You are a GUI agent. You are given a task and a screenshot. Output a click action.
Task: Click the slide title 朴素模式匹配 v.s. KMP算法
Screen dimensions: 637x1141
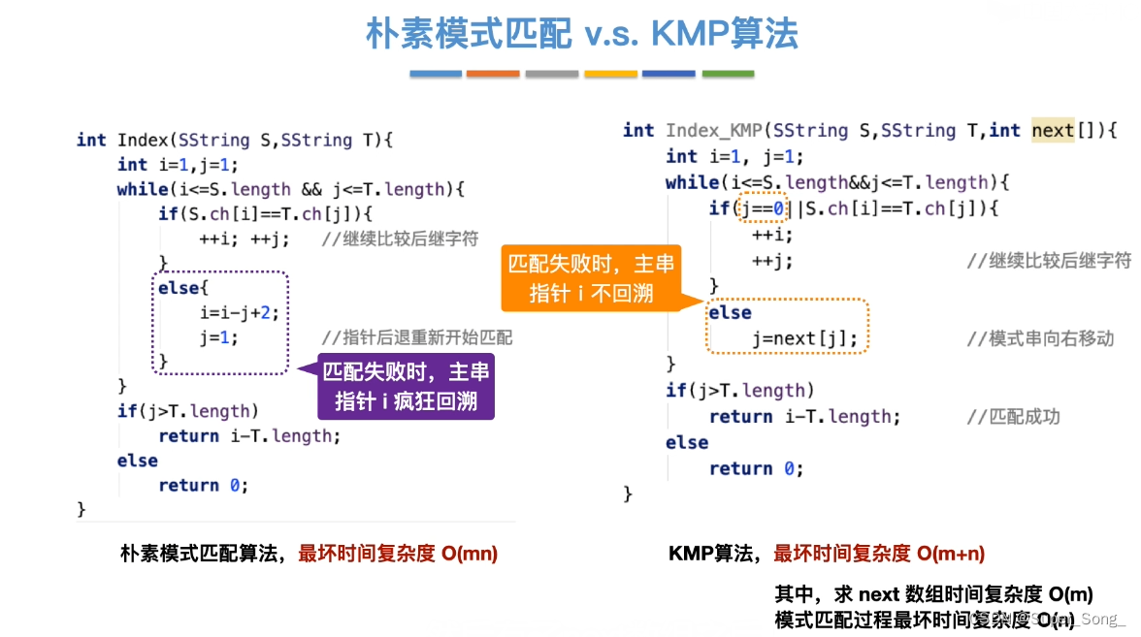point(582,34)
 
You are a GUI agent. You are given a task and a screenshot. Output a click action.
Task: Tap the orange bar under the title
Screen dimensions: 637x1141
point(493,74)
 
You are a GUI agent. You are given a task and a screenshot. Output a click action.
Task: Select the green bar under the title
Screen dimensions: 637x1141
point(728,74)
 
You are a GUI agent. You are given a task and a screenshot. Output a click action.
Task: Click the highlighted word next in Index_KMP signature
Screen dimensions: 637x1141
point(1053,131)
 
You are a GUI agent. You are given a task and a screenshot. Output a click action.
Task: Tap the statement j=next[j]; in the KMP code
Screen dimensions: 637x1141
point(805,338)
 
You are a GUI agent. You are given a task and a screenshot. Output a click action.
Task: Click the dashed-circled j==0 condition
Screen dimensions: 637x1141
point(754,208)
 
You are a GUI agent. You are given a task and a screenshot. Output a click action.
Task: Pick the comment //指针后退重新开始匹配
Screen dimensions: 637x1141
point(417,338)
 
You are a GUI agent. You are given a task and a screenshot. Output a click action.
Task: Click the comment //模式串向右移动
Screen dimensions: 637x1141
point(1040,338)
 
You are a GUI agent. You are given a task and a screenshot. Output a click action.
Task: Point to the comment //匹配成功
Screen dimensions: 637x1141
point(1013,417)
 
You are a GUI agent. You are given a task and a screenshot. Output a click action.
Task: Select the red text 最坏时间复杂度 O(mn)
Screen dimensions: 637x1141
point(398,554)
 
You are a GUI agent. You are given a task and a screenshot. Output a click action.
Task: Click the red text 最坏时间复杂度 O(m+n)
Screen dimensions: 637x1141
point(879,554)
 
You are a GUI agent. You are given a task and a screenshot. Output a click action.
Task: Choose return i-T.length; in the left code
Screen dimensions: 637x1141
point(249,436)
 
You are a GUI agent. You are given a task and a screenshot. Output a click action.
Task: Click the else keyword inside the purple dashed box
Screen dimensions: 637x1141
point(178,288)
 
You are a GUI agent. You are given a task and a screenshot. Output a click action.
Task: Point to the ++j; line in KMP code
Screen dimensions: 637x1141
point(772,261)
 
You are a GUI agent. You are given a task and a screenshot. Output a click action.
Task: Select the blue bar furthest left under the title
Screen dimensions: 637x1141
point(435,74)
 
